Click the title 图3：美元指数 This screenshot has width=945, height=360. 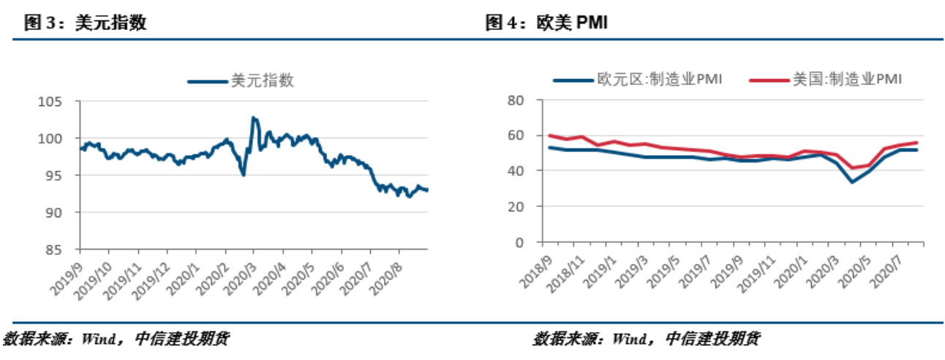coord(86,23)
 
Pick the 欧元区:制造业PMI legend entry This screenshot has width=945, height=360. coord(637,79)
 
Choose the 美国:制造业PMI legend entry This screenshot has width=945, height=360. coord(827,79)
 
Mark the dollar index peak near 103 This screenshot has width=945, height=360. coord(253,117)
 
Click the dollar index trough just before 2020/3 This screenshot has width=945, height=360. coord(243,175)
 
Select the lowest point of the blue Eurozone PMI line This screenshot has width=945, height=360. coord(852,181)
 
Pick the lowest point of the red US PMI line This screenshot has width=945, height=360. coord(852,168)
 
